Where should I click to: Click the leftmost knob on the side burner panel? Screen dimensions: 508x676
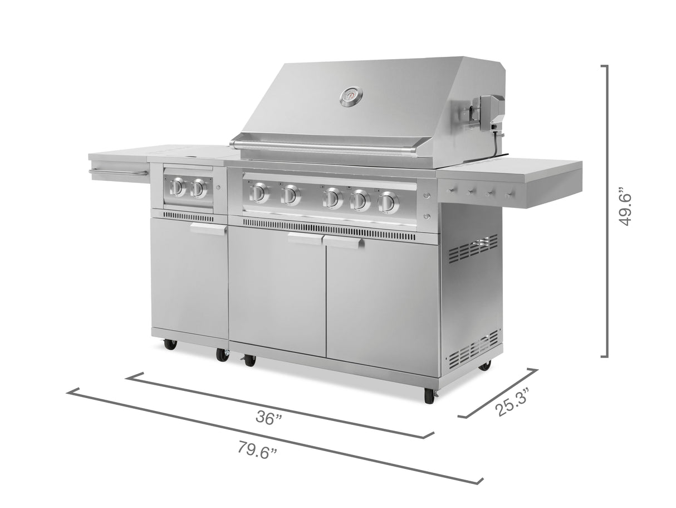click(178, 187)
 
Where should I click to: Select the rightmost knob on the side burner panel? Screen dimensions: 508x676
click(198, 189)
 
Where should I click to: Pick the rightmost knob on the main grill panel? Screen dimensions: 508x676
click(389, 202)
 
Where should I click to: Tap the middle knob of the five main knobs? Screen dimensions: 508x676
click(333, 198)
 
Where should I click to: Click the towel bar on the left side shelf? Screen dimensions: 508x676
click(118, 173)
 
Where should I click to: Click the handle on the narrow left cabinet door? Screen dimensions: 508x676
click(208, 228)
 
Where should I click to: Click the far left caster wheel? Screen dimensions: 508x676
click(170, 343)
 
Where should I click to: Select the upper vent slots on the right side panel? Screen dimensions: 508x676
click(473, 248)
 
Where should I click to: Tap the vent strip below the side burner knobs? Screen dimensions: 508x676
click(188, 216)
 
